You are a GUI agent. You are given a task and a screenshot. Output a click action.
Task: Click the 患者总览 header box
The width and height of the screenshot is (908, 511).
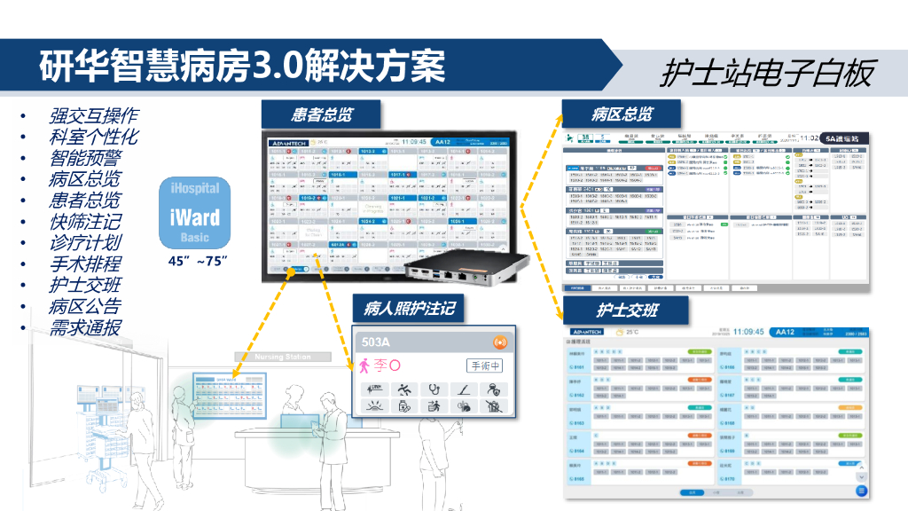click(x=322, y=115)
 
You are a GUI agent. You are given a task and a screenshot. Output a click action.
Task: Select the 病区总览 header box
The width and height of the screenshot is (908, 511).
click(x=622, y=114)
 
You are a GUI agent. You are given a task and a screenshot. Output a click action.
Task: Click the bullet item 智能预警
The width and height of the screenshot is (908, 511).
click(x=85, y=159)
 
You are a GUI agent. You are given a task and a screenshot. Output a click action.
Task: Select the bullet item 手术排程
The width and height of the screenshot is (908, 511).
click(x=85, y=264)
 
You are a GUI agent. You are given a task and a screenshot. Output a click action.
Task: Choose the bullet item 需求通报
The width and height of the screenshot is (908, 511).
click(x=85, y=327)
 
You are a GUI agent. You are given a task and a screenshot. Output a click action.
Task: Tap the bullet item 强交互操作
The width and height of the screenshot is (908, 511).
click(x=93, y=116)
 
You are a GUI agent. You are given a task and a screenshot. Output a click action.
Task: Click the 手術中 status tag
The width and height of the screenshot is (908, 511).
click(x=485, y=366)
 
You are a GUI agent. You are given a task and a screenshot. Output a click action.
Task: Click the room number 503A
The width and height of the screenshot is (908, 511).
click(x=377, y=342)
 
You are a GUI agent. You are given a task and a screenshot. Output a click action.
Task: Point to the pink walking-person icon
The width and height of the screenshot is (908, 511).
click(x=365, y=366)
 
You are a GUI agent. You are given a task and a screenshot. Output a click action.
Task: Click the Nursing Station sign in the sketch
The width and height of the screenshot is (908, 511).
click(x=283, y=357)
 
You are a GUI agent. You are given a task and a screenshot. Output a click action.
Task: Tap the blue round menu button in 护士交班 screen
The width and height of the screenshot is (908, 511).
click(x=861, y=491)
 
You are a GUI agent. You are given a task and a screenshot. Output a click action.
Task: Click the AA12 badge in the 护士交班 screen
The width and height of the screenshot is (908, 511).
click(x=784, y=332)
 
